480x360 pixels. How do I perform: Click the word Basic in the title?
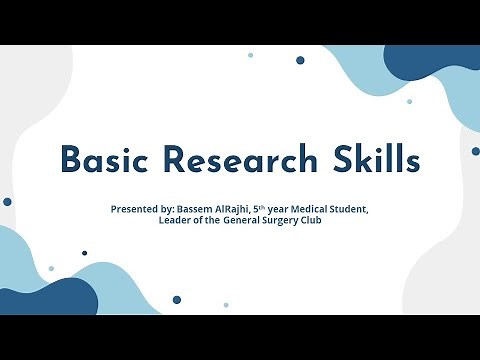[106, 159]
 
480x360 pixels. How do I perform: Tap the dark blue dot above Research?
[300, 60]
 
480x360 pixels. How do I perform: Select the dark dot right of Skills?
[475, 151]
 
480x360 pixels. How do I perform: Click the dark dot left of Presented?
[8, 201]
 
